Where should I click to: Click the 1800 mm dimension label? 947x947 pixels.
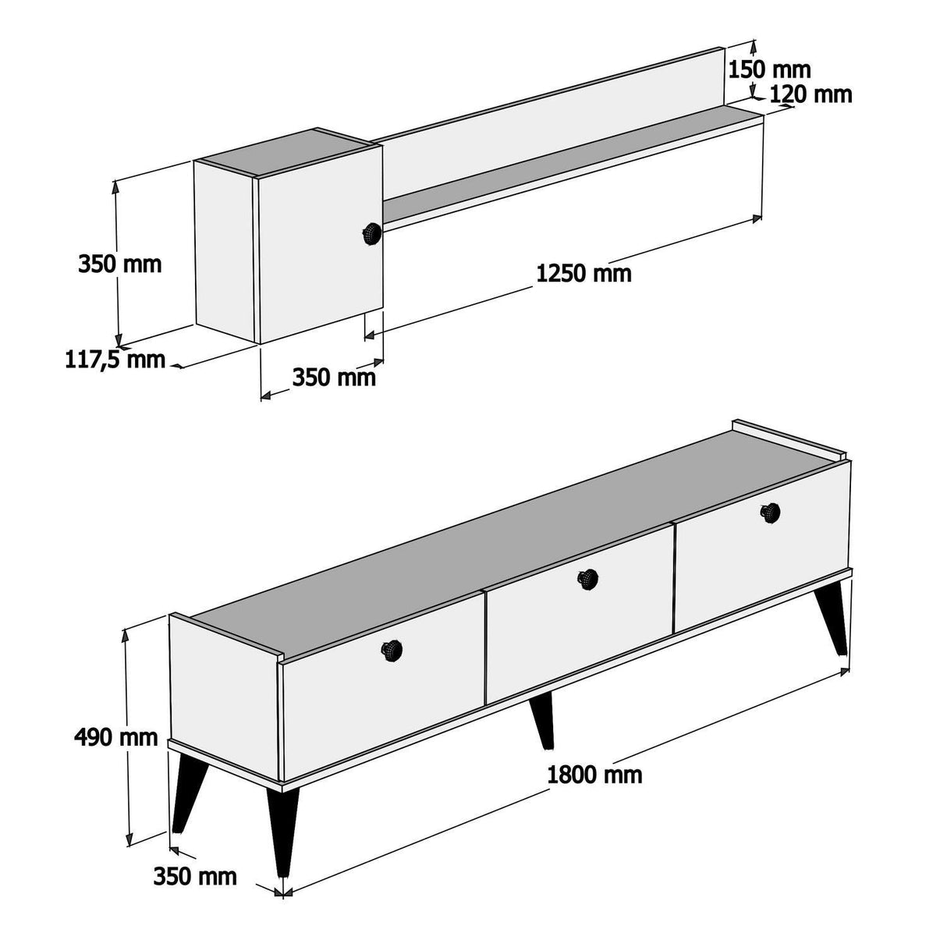point(594,775)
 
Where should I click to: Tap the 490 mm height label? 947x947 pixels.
point(116,736)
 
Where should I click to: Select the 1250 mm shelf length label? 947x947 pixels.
point(583,274)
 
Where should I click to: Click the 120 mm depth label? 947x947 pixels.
point(810,94)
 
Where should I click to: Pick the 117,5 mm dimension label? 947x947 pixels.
point(115,360)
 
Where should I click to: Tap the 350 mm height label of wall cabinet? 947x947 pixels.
point(119,264)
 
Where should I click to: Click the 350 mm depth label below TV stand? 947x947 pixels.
point(195,876)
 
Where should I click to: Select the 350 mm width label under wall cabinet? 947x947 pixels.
point(334,378)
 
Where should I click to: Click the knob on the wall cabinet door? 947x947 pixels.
point(372,233)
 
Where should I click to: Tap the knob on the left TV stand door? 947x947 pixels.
point(391,649)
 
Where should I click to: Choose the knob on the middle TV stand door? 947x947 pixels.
point(587,579)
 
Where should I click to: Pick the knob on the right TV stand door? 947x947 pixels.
point(771,512)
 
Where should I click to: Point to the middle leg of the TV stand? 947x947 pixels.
point(542,719)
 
